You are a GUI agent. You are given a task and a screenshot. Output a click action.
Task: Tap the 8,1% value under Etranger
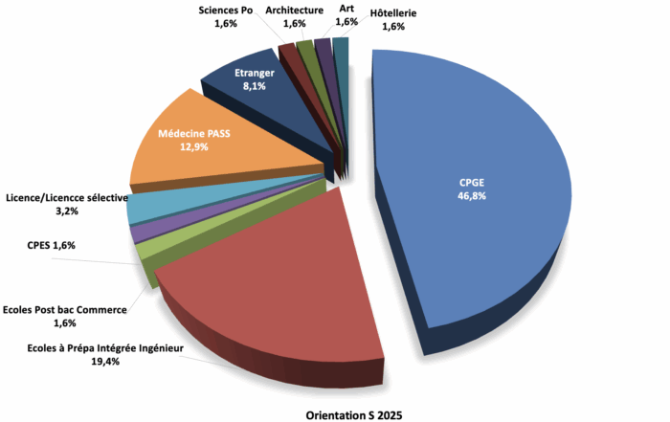[255, 85]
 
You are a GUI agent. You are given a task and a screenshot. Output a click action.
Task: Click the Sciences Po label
[227, 10]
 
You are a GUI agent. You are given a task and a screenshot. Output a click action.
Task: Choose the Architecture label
[294, 10]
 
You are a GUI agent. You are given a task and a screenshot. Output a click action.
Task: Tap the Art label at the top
[346, 9]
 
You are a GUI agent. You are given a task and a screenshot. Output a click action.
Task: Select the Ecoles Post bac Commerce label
[65, 309]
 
